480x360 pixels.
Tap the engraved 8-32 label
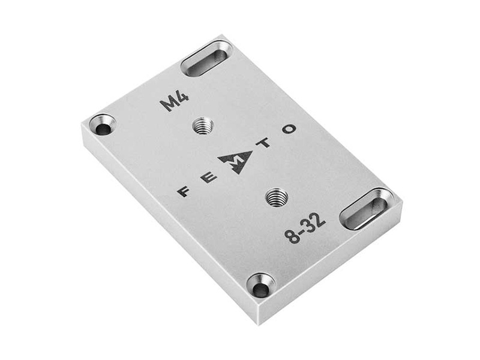click(305, 229)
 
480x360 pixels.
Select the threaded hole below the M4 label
click(203, 126)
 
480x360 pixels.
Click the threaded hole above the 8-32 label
click(277, 197)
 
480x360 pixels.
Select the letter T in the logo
click(266, 142)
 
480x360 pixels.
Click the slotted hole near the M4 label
click(206, 58)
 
